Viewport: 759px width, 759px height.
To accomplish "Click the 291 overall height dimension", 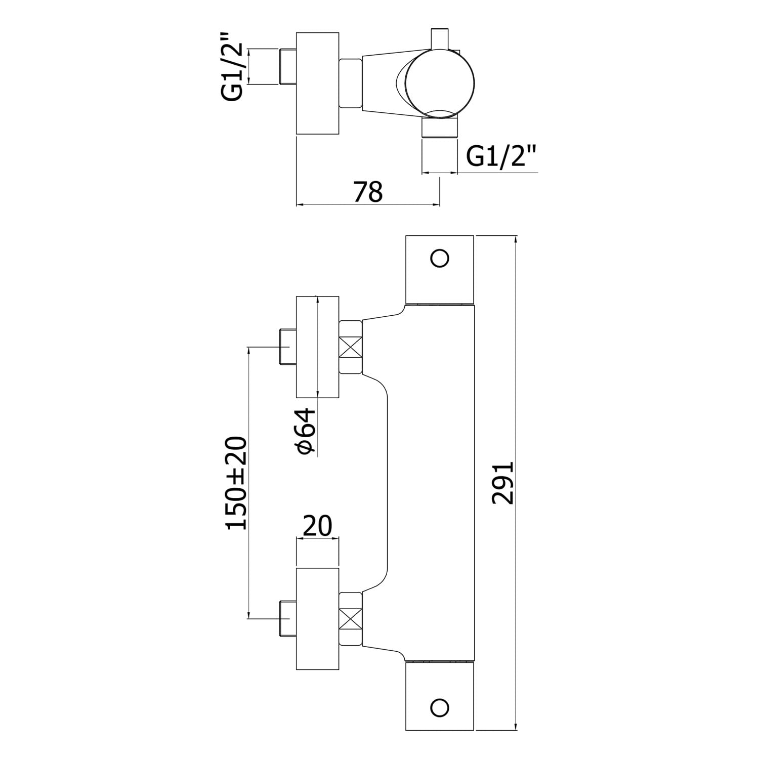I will [503, 482].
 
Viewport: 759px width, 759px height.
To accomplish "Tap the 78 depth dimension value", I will [368, 191].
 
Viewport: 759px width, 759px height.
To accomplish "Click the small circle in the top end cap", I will [439, 259].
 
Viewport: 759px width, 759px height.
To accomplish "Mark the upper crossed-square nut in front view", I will [351, 348].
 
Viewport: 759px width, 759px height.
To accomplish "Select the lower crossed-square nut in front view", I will [351, 618].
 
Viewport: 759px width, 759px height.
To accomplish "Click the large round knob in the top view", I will [442, 83].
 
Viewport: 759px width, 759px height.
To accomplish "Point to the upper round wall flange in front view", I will [317, 347].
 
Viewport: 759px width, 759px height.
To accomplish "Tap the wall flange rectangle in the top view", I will [317, 83].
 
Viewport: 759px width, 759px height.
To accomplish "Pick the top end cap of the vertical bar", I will [439, 269].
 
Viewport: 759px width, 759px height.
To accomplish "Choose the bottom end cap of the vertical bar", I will [439, 696].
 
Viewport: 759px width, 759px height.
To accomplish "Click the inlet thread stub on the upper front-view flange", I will [287, 347].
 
